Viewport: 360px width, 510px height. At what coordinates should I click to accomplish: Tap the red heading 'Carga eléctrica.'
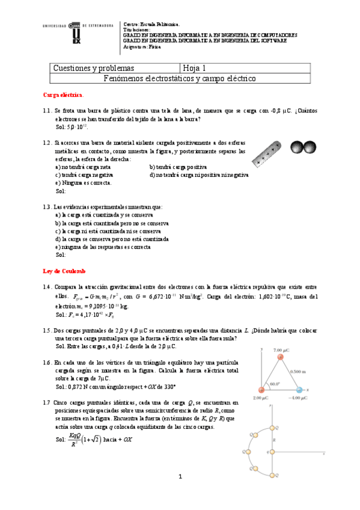pos(64,95)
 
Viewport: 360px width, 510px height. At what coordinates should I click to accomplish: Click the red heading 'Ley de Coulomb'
pos(63,271)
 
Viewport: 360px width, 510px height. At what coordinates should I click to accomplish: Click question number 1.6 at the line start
pos(47,363)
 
